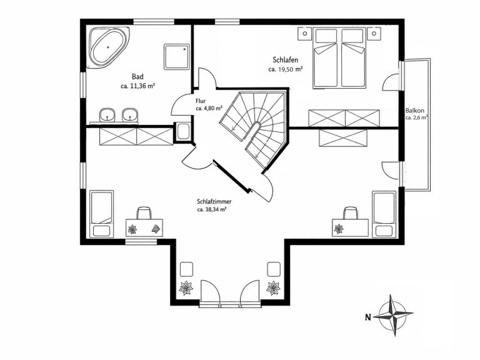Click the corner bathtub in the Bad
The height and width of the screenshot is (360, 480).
pos(108,47)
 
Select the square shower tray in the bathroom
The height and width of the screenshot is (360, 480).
pos(177,56)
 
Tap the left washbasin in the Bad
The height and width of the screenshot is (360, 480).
pos(107,116)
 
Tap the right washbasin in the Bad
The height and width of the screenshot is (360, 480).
pos(130,116)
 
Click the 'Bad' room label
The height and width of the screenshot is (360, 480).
pos(137,76)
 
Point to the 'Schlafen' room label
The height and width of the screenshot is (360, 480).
pos(285,60)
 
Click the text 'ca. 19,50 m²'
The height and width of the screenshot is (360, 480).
pos(286,69)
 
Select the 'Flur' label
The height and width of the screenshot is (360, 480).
pos(201,101)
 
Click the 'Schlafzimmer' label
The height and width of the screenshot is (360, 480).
pos(214,202)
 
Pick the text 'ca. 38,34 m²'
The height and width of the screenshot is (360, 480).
pos(212,210)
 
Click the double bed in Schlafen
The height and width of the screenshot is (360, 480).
pos(339,58)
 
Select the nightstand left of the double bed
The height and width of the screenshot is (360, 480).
pos(304,34)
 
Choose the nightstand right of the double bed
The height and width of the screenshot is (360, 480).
pos(374,34)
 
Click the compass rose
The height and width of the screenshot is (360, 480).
pos(394,315)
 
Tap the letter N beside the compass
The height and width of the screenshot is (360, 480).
pos(368,317)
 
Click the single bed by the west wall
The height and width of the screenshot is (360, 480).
pos(102,214)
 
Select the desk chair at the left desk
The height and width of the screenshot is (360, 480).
pos(144,212)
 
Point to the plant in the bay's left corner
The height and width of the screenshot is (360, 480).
pos(186,287)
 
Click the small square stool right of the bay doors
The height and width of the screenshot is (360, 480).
pos(274,269)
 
